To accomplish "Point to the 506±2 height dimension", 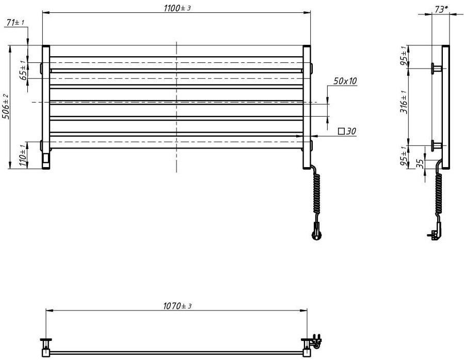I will tap(5, 107).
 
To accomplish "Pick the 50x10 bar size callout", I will tap(345, 81).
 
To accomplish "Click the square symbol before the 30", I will tap(341, 132).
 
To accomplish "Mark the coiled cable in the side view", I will tap(439, 196).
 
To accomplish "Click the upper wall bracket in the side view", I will tap(437, 68).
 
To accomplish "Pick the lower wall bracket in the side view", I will tap(437, 145).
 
